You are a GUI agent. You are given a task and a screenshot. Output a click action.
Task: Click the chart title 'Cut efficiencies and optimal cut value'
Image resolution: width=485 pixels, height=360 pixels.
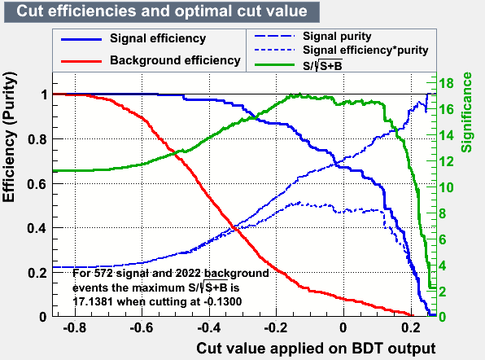click(x=162, y=11)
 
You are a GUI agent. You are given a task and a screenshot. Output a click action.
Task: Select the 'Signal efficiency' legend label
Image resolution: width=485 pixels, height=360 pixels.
click(x=158, y=38)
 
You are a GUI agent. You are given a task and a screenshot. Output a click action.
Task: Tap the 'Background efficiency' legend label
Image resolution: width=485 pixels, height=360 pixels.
click(x=175, y=60)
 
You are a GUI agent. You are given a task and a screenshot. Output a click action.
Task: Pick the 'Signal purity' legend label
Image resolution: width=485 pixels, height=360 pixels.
click(x=337, y=36)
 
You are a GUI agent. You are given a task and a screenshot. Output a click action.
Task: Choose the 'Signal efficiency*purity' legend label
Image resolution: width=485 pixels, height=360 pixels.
click(x=365, y=50)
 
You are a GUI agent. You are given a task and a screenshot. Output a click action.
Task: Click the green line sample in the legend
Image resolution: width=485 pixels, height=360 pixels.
click(x=275, y=64)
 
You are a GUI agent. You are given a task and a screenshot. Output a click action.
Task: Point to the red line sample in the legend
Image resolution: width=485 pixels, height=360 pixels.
click(x=81, y=61)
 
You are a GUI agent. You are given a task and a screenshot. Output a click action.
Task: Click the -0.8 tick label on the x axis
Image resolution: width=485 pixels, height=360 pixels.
click(x=75, y=327)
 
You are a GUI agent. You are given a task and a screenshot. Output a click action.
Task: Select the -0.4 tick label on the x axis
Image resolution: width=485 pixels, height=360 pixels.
click(x=209, y=327)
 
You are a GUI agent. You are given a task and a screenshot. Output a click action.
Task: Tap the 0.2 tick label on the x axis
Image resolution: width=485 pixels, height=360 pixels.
click(x=411, y=327)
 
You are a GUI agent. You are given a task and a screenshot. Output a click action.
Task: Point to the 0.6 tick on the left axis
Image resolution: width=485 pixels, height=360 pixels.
click(x=37, y=184)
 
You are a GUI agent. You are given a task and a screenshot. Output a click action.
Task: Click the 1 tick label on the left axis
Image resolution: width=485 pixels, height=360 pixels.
click(x=44, y=94)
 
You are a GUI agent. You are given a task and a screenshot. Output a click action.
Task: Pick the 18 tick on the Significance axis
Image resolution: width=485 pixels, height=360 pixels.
click(x=446, y=83)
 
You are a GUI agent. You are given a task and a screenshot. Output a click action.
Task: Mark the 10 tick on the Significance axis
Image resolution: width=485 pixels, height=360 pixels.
click(x=446, y=187)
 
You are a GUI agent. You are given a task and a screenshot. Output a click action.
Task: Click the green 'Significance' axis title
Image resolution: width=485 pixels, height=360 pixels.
click(x=467, y=112)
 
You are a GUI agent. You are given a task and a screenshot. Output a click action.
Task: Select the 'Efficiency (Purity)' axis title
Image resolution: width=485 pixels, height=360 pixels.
click(x=9, y=137)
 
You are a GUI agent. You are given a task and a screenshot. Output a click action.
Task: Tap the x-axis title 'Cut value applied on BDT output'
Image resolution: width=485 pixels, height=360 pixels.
click(x=316, y=349)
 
